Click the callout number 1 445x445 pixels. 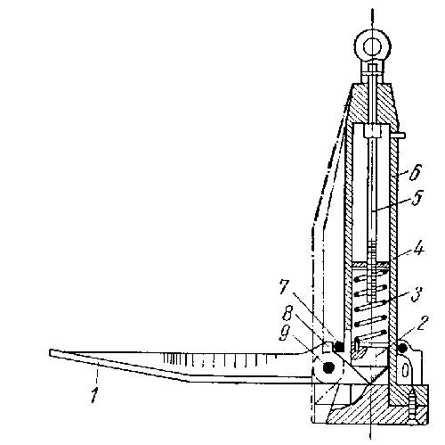[x=94, y=394]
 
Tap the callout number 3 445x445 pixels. [x=416, y=293]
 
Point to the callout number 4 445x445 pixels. [x=418, y=250]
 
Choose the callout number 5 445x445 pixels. [x=417, y=197]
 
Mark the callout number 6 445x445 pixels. [x=414, y=171]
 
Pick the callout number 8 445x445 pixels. [x=288, y=313]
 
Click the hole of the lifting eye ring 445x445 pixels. [x=372, y=46]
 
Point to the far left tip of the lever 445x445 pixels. [x=50, y=353]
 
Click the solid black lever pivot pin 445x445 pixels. [x=328, y=368]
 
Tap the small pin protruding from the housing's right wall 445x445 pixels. [x=398, y=136]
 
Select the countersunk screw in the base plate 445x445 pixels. [x=413, y=407]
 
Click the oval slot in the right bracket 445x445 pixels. [x=404, y=370]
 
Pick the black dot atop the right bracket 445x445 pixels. [x=402, y=349]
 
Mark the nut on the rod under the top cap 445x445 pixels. [x=372, y=131]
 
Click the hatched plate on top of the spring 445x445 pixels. [x=370, y=264]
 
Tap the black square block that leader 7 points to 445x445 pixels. [x=339, y=346]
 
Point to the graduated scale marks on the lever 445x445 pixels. [x=220, y=360]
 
